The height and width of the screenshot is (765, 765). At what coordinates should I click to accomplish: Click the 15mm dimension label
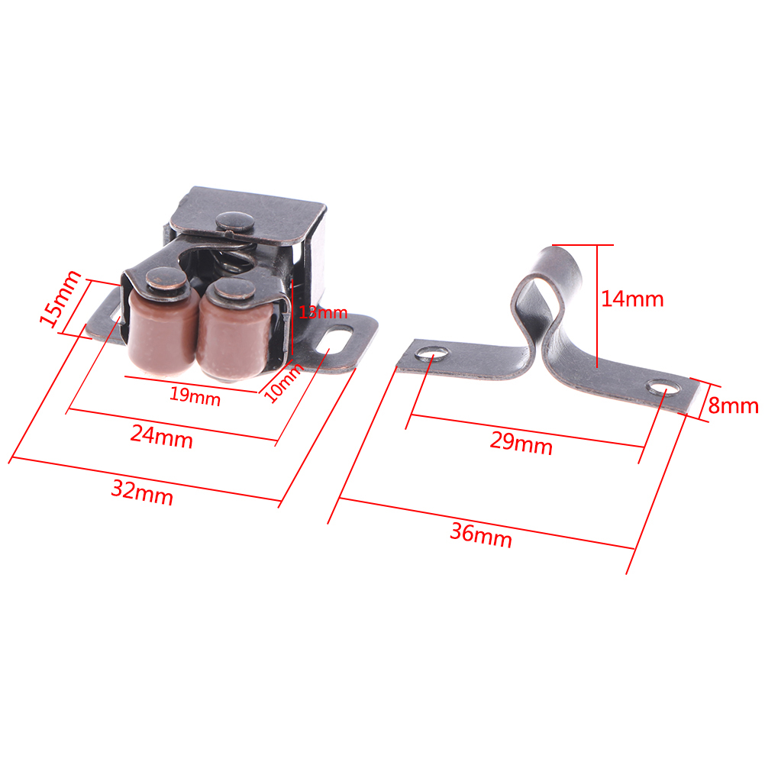click(60, 299)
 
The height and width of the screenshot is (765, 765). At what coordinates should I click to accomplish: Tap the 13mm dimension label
click(323, 312)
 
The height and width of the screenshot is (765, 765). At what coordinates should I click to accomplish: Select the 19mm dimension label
click(195, 395)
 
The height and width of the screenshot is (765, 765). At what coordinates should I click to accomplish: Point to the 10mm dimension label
click(284, 382)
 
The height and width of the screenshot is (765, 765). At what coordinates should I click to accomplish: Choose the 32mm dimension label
click(142, 492)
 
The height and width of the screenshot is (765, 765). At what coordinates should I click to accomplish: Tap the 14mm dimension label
click(632, 299)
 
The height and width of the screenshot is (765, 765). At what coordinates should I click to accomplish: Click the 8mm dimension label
click(733, 405)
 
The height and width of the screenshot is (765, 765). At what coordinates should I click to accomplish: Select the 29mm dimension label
click(521, 443)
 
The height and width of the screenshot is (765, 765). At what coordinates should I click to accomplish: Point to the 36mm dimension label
click(481, 535)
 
